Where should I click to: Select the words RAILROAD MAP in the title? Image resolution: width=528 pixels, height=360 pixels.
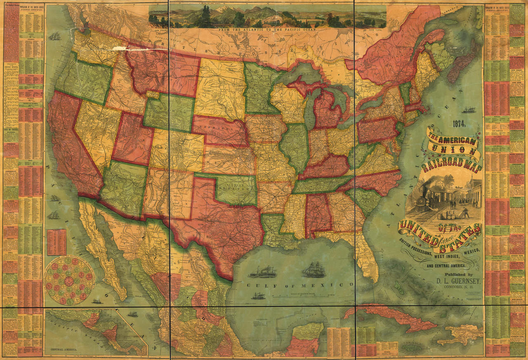451,166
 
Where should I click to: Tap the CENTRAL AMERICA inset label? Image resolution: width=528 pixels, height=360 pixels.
62,350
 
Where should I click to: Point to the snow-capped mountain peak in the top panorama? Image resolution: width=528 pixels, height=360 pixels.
223,9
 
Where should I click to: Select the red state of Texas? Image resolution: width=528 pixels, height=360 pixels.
223,223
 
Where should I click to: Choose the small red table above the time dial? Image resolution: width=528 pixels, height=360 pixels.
57,242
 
